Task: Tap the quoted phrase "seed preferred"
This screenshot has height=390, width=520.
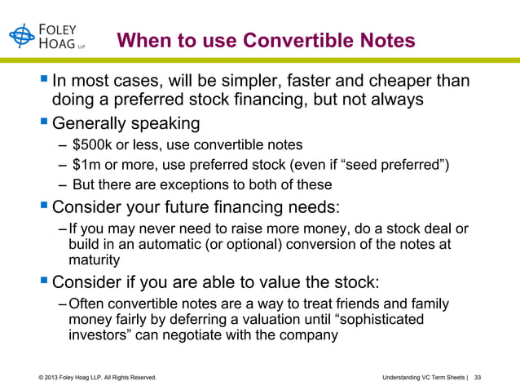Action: click(x=393, y=166)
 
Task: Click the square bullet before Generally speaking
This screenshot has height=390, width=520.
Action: click(x=43, y=126)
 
